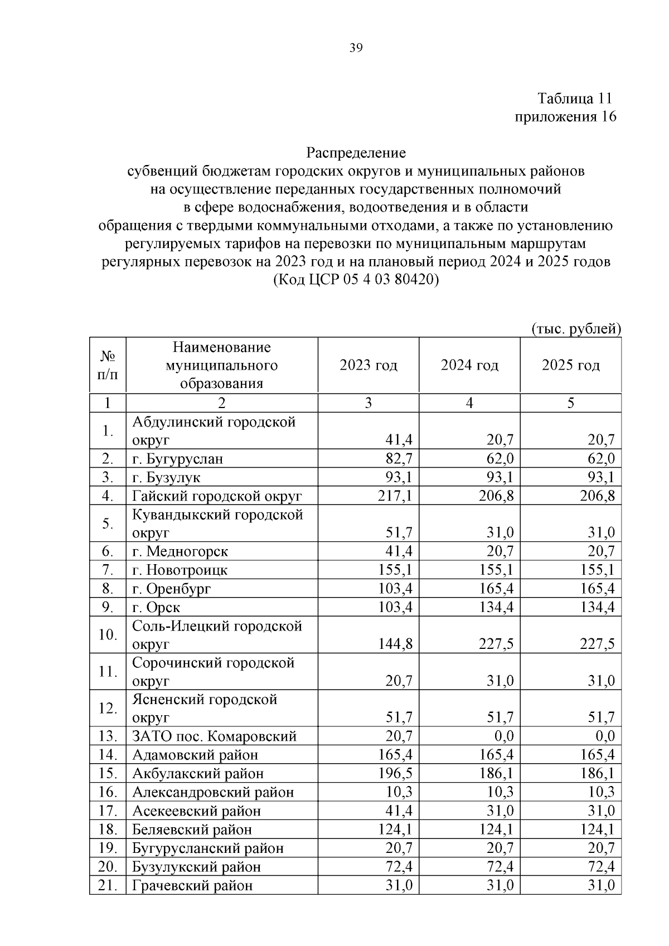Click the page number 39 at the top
(x=356, y=48)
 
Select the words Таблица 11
(x=574, y=99)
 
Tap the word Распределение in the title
(x=356, y=152)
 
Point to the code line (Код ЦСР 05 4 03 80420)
(x=356, y=280)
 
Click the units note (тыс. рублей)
(x=576, y=329)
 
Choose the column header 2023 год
(x=369, y=365)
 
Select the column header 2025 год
(x=570, y=365)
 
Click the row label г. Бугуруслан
(x=177, y=459)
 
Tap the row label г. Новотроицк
(x=180, y=570)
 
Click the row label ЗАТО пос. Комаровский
(x=214, y=736)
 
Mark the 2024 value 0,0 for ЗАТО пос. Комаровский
(x=504, y=736)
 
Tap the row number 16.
(x=107, y=792)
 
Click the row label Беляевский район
(x=192, y=829)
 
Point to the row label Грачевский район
(x=192, y=885)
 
